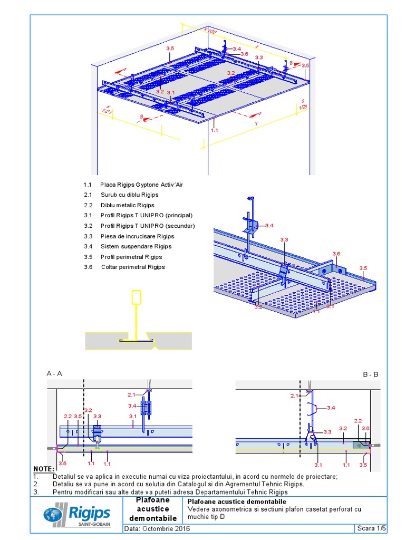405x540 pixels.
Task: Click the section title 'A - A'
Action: (54, 373)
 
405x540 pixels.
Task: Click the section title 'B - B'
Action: (370, 374)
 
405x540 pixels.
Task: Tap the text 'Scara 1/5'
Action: (371, 528)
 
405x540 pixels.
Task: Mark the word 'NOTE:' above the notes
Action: (44, 469)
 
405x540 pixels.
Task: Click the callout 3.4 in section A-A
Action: (132, 406)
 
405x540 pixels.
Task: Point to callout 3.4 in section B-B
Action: (331, 408)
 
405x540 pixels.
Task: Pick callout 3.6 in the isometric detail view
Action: (336, 254)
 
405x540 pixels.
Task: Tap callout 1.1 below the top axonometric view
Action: (214, 129)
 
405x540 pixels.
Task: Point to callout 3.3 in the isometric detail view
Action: (284, 240)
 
